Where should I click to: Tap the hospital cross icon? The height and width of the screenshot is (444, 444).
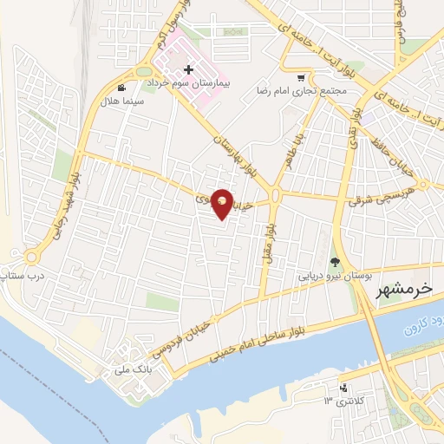click(x=188, y=69)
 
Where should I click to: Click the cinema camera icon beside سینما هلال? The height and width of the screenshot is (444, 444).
click(x=121, y=87)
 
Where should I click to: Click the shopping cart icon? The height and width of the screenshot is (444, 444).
click(x=301, y=76)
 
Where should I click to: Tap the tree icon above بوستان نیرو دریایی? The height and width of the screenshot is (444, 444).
click(x=335, y=263)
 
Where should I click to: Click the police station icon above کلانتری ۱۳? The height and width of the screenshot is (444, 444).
click(x=345, y=387)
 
